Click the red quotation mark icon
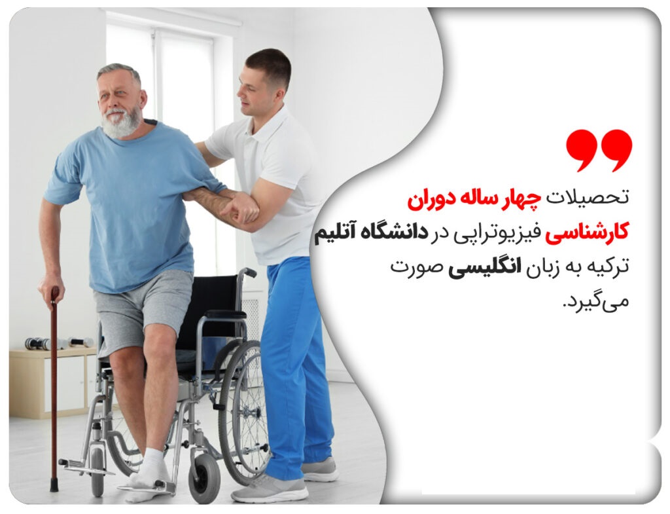pyautogui.click(x=599, y=151)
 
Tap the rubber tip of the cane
pyautogui.click(x=54, y=485)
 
